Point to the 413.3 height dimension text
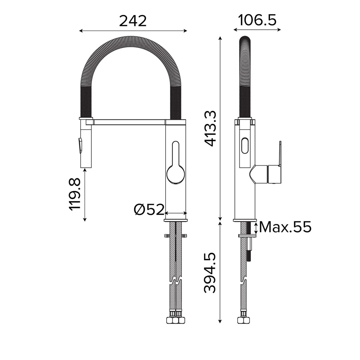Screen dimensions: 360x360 click(x=210, y=129)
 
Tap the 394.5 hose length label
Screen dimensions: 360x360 click(x=210, y=273)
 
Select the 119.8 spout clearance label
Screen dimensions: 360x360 click(x=75, y=194)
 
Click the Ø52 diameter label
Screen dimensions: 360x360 click(x=149, y=210)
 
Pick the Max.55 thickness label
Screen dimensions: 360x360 click(x=285, y=227)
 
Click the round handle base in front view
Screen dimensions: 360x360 click(x=176, y=174)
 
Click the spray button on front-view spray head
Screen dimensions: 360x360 click(x=80, y=145)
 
